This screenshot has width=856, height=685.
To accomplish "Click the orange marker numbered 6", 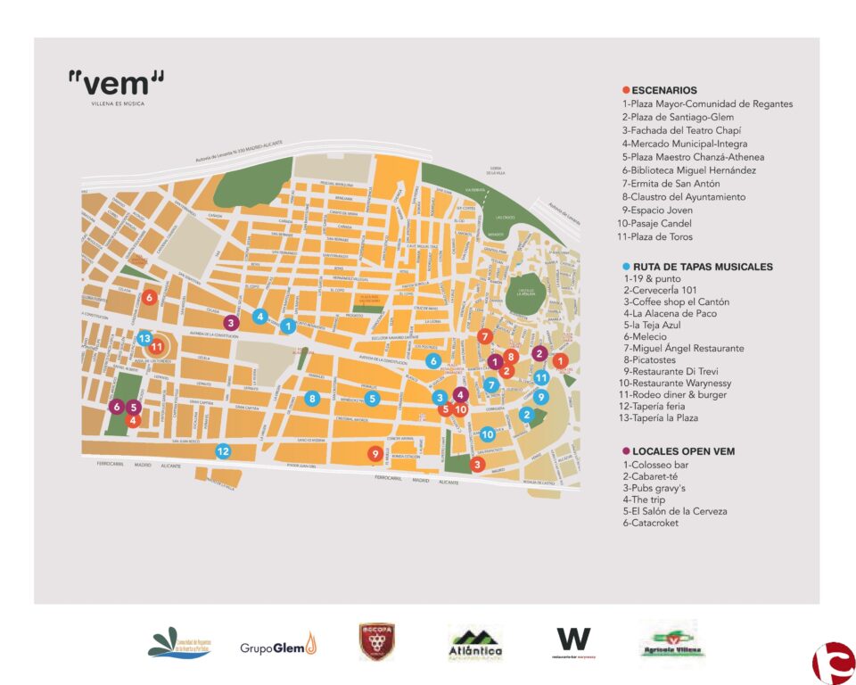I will click(150, 297).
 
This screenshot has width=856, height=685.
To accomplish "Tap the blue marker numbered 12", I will click(223, 451).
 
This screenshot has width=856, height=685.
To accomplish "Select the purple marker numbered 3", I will click(231, 322).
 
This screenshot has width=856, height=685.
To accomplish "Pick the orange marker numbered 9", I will click(375, 454).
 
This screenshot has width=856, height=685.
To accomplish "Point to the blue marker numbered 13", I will click(144, 338).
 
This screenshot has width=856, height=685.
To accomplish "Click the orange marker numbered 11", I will click(158, 346).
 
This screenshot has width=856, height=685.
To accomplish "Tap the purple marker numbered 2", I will click(539, 353).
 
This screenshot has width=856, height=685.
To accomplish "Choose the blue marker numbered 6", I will click(433, 361).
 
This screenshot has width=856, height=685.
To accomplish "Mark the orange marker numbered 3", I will click(477, 464).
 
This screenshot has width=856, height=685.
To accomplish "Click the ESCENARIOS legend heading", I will click(663, 90).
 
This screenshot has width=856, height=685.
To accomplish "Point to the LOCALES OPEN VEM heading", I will click(683, 451).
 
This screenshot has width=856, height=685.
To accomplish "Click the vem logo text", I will click(116, 84).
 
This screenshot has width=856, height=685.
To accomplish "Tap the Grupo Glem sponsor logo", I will click(277, 644).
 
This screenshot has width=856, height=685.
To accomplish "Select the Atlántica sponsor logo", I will click(475, 642).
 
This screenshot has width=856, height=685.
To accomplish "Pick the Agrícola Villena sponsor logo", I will click(671, 642).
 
